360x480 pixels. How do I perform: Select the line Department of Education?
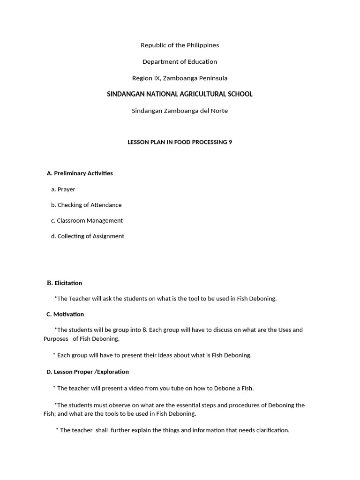tap(180, 62)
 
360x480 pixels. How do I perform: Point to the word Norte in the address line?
tap(219, 111)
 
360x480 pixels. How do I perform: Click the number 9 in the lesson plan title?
tap(230, 142)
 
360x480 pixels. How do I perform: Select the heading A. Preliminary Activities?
tap(80, 173)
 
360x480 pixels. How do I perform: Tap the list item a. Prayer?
tap(63, 189)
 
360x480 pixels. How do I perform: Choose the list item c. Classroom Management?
tap(87, 221)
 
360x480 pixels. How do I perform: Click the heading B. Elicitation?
tap(64, 283)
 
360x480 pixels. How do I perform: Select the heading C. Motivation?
tap(65, 315)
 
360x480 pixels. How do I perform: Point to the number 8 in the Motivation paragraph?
tap(145, 330)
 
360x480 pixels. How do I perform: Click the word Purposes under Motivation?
tap(56, 339)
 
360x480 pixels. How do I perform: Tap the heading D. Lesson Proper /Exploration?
tap(88, 372)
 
